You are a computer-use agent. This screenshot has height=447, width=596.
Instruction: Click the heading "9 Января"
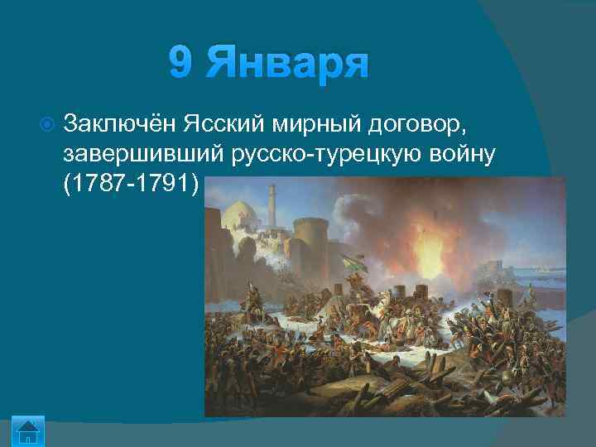pos(267,63)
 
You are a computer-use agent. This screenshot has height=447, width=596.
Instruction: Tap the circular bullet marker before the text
pos(47,124)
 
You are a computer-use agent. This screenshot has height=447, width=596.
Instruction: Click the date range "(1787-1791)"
pos(131,185)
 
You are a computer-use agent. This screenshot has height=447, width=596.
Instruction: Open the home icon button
pos(29,431)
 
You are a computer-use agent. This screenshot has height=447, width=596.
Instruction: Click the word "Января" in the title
pos(286,63)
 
